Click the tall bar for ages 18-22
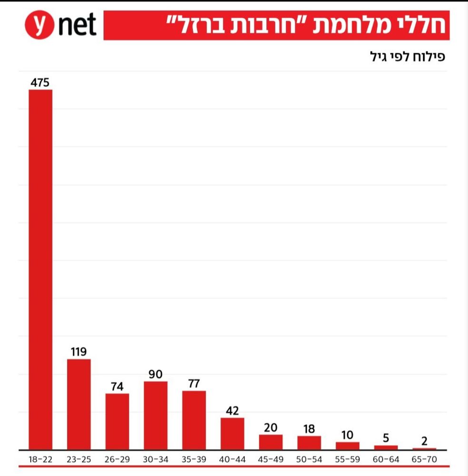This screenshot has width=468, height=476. click(40, 269)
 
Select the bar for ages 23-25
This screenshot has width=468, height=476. click(79, 404)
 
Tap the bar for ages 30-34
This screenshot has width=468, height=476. click(156, 415)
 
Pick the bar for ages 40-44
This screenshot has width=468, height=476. click(233, 434)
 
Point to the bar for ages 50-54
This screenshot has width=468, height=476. click(309, 443)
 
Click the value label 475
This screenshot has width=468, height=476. click(40, 82)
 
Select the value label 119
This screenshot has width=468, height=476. click(79, 352)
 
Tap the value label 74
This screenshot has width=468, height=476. click(117, 387)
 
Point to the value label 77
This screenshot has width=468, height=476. click(194, 384)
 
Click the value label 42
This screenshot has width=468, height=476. click(233, 411)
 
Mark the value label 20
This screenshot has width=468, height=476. click(271, 427)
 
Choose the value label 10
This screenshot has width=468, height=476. click(348, 435)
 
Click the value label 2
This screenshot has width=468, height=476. click(424, 441)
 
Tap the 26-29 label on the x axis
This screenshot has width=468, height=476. click(117, 460)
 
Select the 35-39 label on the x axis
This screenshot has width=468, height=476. click(194, 460)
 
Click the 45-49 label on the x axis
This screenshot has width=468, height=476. click(271, 460)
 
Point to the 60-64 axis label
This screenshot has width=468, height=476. click(386, 460)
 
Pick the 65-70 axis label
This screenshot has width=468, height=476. click(424, 460)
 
